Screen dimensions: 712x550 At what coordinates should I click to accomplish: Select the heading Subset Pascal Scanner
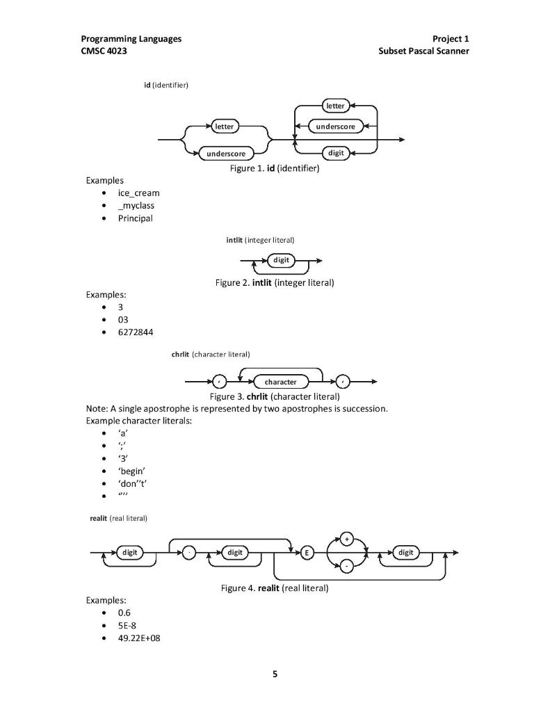coord(423,51)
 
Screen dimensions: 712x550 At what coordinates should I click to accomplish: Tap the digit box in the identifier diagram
coord(335,152)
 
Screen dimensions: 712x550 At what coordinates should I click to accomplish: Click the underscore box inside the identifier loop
coord(335,127)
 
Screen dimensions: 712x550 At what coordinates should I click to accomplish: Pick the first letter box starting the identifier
coord(224,127)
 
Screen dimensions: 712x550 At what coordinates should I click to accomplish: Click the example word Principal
coord(135,218)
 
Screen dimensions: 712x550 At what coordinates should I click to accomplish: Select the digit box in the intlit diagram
coord(281,261)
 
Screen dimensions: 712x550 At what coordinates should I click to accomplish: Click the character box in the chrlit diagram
coord(280,382)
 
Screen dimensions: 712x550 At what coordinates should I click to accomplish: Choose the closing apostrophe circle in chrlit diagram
coord(344,382)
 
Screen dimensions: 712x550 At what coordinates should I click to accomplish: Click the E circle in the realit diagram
coord(308,553)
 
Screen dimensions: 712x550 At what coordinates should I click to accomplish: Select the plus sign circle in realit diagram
coord(347,538)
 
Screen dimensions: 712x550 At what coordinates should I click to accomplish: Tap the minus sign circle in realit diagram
coord(347,567)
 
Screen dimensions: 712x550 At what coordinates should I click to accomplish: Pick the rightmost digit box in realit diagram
coord(405,553)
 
